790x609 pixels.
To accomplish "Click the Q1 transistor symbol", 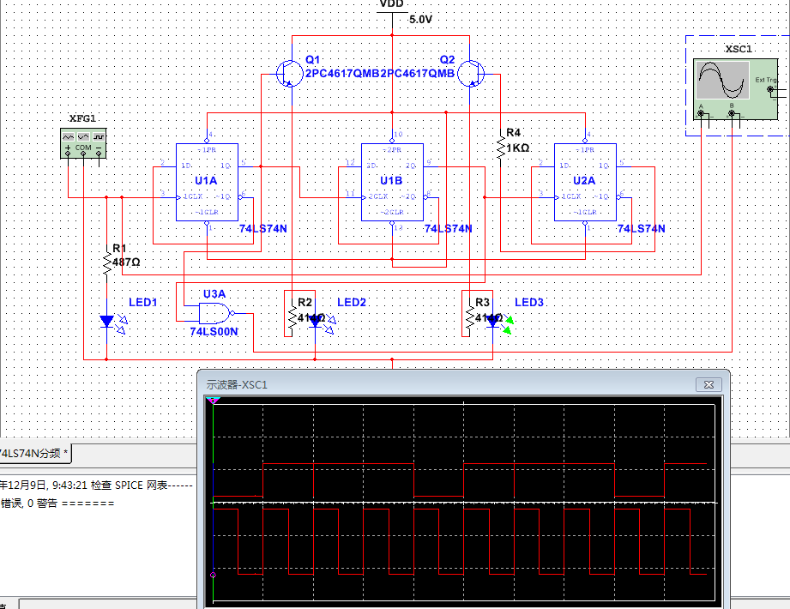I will tap(286, 74).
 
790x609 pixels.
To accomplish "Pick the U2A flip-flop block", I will tap(586, 182).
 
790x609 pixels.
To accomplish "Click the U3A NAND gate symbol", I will tap(215, 312).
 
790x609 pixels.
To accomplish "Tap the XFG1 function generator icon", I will tap(83, 142).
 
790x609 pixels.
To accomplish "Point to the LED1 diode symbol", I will tap(106, 321).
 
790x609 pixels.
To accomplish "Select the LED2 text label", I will tap(352, 303).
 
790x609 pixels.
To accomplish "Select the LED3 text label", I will tap(529, 303).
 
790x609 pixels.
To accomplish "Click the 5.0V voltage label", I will tap(421, 19).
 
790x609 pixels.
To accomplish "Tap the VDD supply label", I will tap(391, 4).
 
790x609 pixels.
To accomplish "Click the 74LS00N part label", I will tap(214, 331).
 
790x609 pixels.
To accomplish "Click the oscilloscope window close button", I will tap(709, 384).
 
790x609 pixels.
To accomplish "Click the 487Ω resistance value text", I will tap(126, 262).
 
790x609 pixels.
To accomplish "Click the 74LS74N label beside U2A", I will tap(642, 229).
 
